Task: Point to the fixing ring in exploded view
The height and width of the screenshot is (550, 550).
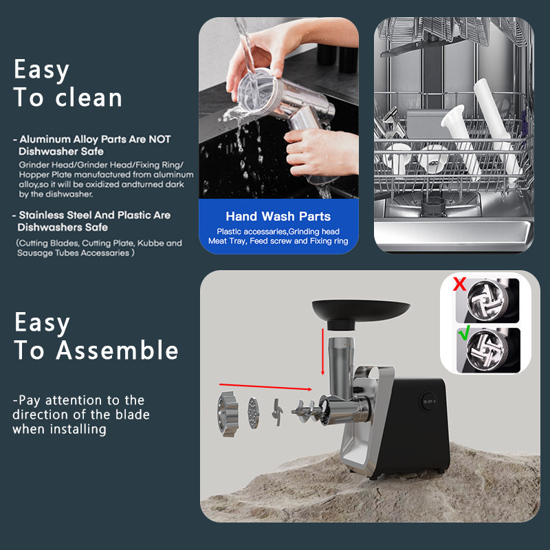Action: [228, 412]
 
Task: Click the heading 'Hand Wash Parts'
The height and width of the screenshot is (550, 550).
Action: [278, 216]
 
